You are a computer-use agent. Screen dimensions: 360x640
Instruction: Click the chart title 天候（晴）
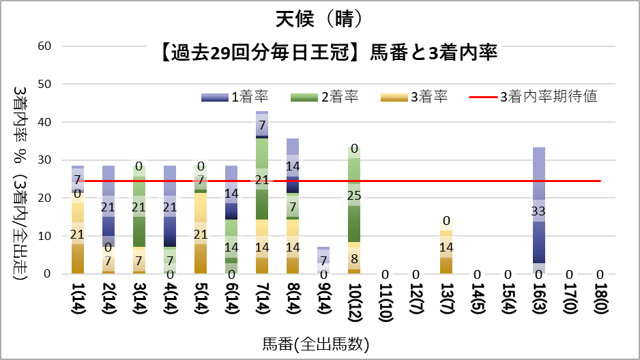pos(319,19)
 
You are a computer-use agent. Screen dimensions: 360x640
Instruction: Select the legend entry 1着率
pos(232,97)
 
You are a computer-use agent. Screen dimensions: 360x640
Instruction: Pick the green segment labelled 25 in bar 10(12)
pos(355,196)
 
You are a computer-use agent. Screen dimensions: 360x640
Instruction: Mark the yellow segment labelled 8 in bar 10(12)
pos(355,258)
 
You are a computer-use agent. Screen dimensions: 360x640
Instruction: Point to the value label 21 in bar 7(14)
pos(262,180)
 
